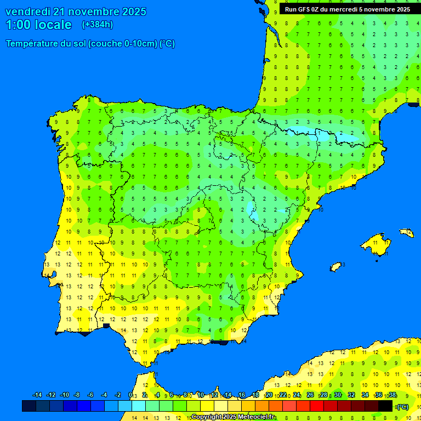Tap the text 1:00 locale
coord(38,25)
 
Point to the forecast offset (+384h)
coord(97,25)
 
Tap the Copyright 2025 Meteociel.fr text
coord(233,417)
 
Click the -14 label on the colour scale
coord(37,395)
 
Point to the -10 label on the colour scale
coord(64,395)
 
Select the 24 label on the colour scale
coord(297,395)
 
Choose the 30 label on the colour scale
coord(338,395)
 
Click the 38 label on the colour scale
coord(392,395)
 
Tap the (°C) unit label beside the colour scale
coord(402,407)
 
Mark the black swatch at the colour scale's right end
coord(385,406)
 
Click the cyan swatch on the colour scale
coord(139,406)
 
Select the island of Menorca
coord(406,233)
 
